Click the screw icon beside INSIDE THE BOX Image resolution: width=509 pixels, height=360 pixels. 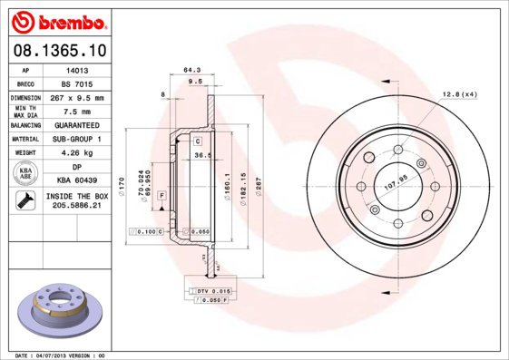(24, 201)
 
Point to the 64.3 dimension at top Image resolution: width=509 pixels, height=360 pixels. (191, 69)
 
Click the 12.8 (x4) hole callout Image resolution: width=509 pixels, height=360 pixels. (460, 94)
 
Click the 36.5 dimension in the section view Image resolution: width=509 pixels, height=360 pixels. (203, 155)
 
